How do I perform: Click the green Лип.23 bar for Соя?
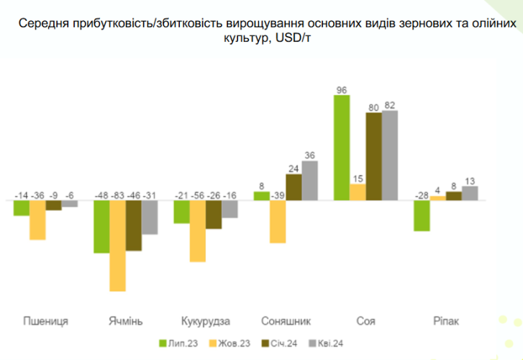342,148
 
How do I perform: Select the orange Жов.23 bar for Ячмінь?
118,246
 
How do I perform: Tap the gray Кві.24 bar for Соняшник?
309,181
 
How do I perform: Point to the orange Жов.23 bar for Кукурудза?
198,230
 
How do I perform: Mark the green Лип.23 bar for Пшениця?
22,208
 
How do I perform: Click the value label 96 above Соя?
342,90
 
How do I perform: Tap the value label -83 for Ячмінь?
119,195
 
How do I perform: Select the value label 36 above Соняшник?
310,155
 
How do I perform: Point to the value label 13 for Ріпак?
470,180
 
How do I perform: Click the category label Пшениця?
46,320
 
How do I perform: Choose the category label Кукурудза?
206,320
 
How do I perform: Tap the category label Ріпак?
445,320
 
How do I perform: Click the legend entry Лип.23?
180,342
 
